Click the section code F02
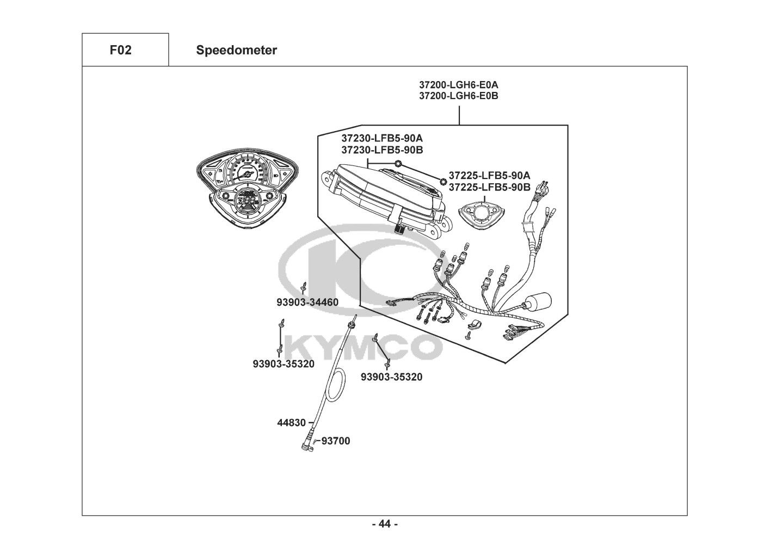(x=120, y=50)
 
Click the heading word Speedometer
(x=237, y=50)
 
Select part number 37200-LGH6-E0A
(x=459, y=84)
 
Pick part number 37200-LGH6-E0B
(x=459, y=96)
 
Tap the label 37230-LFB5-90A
(x=382, y=138)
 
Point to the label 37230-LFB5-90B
(x=382, y=150)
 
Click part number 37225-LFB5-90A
(x=490, y=176)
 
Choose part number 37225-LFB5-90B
(x=490, y=187)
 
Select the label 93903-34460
(x=307, y=302)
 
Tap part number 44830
(x=291, y=423)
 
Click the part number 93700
(x=336, y=441)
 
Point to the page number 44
(x=385, y=524)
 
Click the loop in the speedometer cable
(x=335, y=385)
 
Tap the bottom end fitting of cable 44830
(x=307, y=446)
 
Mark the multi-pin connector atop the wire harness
(x=544, y=188)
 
